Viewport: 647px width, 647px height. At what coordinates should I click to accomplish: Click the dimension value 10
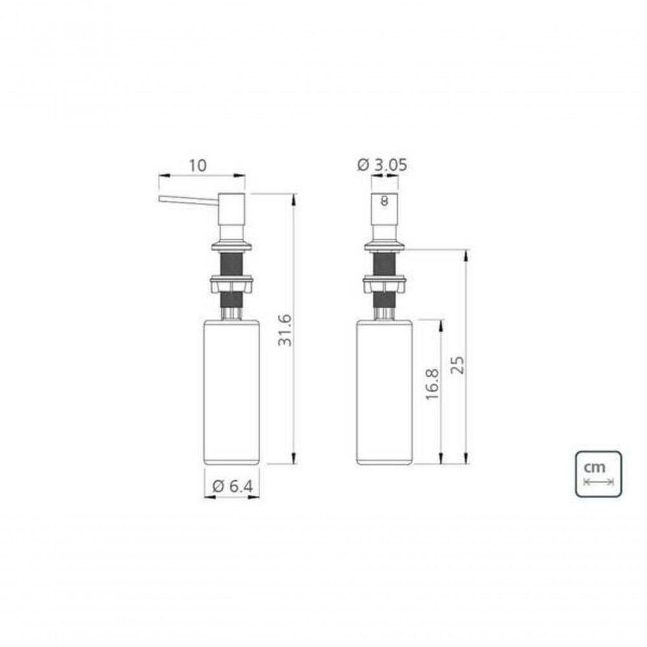point(197,165)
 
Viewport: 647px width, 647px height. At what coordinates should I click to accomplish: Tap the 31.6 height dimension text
point(285,329)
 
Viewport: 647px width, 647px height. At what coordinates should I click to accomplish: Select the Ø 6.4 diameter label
point(232,487)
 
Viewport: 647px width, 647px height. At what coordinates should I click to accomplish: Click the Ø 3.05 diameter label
point(382,165)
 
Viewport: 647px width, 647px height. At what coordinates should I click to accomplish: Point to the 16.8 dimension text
point(433,384)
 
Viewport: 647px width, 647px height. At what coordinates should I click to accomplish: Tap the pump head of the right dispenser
point(384,217)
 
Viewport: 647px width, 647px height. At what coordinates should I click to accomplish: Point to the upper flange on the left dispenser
point(232,245)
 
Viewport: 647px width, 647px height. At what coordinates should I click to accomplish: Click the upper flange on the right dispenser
point(384,245)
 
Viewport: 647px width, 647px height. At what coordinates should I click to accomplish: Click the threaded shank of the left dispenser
point(232,263)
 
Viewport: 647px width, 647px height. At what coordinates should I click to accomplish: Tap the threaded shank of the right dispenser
point(384,263)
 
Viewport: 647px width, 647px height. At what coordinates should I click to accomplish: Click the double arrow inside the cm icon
point(598,482)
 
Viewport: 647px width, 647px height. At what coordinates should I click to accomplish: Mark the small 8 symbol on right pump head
point(384,201)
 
